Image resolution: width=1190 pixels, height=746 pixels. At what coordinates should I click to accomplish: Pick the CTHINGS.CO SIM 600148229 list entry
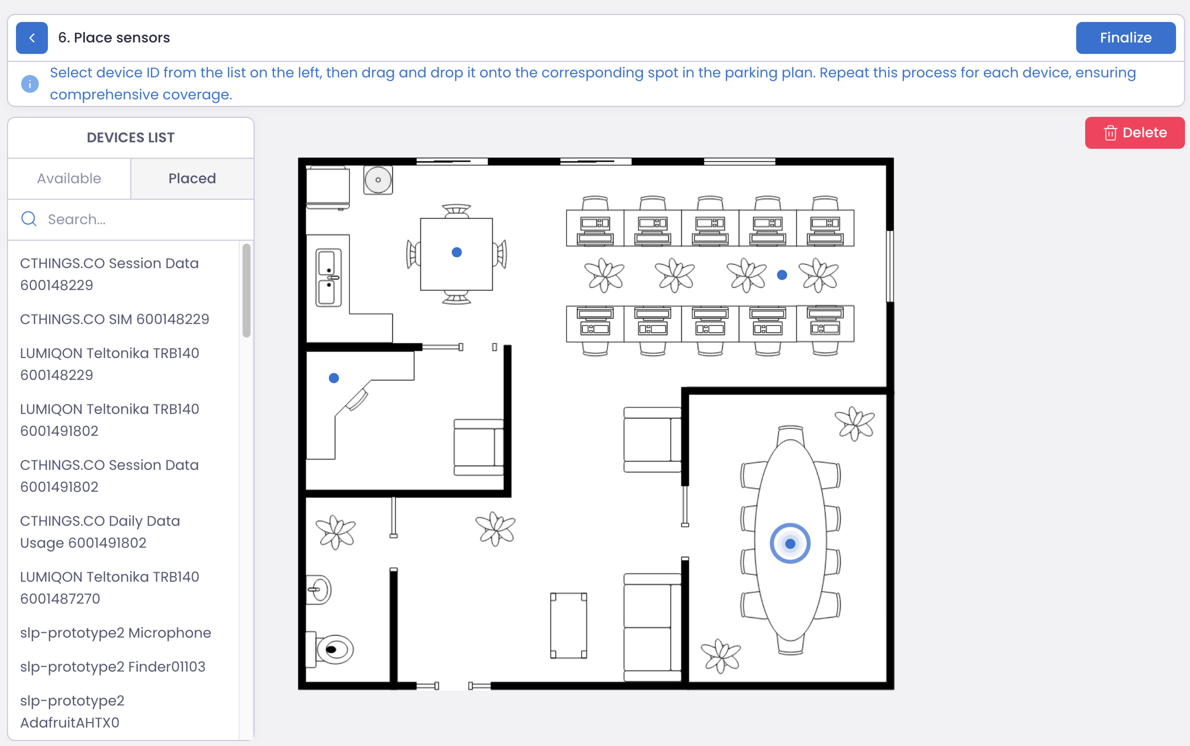(114, 319)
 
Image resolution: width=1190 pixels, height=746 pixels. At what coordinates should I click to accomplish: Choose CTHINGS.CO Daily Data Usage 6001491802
(100, 532)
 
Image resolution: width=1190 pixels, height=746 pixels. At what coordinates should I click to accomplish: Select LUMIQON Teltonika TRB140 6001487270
(110, 588)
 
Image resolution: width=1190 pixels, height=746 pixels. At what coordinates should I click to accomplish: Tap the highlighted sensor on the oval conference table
(790, 543)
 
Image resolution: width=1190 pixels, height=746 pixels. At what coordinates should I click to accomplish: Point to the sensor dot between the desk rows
(782, 275)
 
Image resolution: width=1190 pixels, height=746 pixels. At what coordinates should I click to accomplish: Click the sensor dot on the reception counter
(334, 378)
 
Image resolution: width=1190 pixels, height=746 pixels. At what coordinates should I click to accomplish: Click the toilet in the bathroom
(329, 649)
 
